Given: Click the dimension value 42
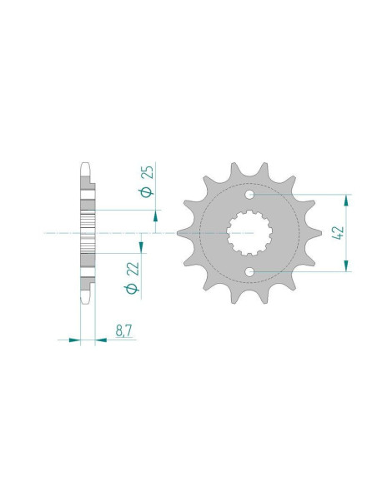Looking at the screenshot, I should point(337,233).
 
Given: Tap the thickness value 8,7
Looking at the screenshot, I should point(123,330).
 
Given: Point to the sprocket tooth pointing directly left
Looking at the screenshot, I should point(185,234).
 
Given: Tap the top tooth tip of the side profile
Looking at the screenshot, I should point(86,165).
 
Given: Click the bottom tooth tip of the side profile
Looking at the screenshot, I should point(86,301).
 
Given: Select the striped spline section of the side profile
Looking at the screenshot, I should point(88,233).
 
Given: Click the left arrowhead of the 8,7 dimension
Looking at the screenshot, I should point(75,340).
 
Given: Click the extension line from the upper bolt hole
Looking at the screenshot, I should point(300,196).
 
